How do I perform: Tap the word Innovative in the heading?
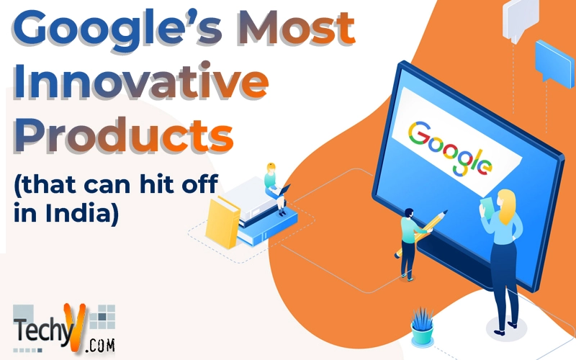coord(140,81)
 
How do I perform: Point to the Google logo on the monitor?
coord(449,148)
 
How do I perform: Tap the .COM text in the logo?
coord(100,346)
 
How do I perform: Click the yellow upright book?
coord(222,222)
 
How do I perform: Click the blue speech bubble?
coord(554,63)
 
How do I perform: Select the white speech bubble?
coord(521,19)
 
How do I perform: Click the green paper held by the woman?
coord(487,207)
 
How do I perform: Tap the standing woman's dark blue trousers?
coord(505,279)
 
